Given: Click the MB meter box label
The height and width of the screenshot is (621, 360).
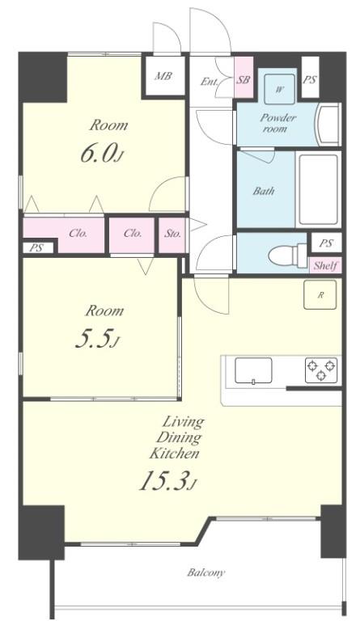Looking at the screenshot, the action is (163, 76).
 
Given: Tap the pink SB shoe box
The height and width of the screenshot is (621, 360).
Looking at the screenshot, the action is (244, 78).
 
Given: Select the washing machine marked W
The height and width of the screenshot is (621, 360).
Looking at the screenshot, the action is (280, 89).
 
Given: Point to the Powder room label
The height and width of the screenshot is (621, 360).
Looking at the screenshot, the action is (277, 123).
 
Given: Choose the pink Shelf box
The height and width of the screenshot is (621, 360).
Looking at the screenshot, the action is (325, 265).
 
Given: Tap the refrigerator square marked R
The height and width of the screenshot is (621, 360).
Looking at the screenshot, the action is (320, 294).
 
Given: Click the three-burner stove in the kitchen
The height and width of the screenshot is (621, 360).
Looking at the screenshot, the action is (321, 370).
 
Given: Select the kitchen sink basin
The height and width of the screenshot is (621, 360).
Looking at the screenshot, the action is (253, 370).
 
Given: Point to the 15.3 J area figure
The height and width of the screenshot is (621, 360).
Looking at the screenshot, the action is (168, 482).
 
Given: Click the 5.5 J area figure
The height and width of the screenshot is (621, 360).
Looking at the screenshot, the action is (97, 340).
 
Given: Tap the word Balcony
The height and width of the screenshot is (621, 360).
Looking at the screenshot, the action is (206, 572).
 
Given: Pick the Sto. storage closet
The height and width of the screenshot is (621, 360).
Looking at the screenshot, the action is (172, 235).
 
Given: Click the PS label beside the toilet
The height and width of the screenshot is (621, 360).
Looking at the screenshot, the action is (325, 243).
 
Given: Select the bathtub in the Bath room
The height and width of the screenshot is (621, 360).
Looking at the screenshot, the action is (318, 189).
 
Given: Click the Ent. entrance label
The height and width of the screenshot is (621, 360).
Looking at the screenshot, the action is (209, 82).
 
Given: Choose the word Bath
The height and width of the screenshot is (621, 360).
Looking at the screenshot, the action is (264, 191).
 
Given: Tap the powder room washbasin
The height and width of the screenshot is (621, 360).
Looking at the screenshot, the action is (328, 125).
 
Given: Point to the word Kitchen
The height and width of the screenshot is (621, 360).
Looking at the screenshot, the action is (174, 453).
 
